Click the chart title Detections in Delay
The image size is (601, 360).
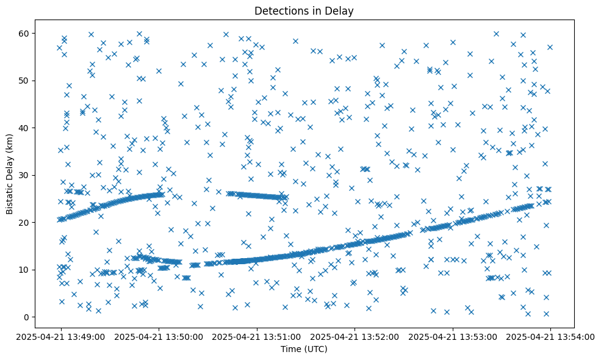[304, 11]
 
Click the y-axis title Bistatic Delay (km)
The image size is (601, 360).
[10, 167]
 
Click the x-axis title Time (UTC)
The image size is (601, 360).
[304, 349]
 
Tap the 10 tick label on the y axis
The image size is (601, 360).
[25, 270]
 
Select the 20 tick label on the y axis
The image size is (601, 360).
[25, 222]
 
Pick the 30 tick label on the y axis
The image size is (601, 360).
[25, 175]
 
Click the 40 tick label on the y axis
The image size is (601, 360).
[25, 128]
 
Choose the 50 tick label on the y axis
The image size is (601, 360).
[25, 81]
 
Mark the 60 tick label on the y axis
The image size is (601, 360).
[25, 33]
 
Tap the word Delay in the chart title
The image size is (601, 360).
[341, 11]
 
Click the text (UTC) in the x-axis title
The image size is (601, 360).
[315, 349]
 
